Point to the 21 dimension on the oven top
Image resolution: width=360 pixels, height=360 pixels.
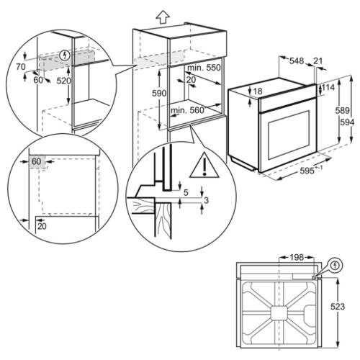(x=318, y=62)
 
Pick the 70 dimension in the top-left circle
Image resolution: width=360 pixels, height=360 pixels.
(x=22, y=66)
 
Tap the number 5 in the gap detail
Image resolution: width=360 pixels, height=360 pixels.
(x=185, y=192)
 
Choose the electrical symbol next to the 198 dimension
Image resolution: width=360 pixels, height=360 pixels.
(x=333, y=266)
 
